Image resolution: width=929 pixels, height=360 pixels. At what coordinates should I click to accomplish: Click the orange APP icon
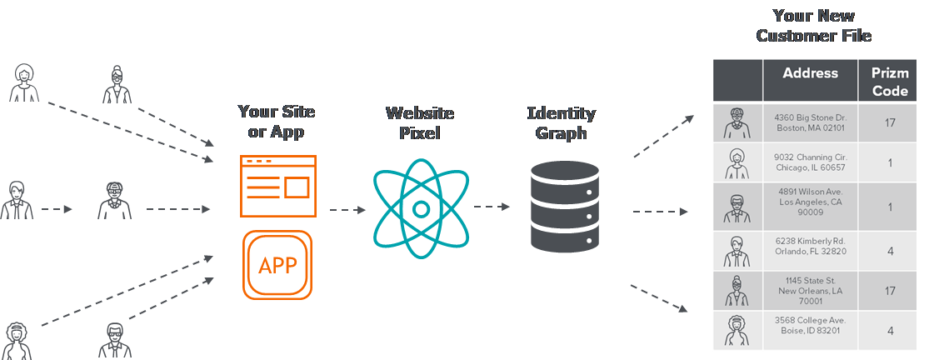point(277,265)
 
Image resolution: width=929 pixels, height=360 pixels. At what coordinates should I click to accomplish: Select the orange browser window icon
point(277,185)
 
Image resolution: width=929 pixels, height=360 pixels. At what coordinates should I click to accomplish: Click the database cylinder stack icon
point(564,207)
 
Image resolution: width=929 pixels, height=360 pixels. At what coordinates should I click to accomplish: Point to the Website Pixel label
point(421,122)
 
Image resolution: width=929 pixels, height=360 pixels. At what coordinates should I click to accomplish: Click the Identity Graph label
point(562,122)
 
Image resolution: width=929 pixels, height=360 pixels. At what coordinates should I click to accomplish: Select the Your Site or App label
point(277,122)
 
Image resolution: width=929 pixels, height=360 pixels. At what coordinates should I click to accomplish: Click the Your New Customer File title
point(814,26)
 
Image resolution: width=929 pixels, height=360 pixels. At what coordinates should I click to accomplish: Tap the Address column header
point(810,73)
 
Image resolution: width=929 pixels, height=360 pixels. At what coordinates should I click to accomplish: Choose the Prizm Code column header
point(890,82)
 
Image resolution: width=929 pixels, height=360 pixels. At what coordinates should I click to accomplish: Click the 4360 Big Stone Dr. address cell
point(810,123)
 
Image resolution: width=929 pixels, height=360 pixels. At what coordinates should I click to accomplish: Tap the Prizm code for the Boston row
point(890,123)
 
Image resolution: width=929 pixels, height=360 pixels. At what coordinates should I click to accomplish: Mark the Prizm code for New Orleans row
point(890,292)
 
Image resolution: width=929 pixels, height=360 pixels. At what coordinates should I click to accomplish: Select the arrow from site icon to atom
point(347,210)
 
